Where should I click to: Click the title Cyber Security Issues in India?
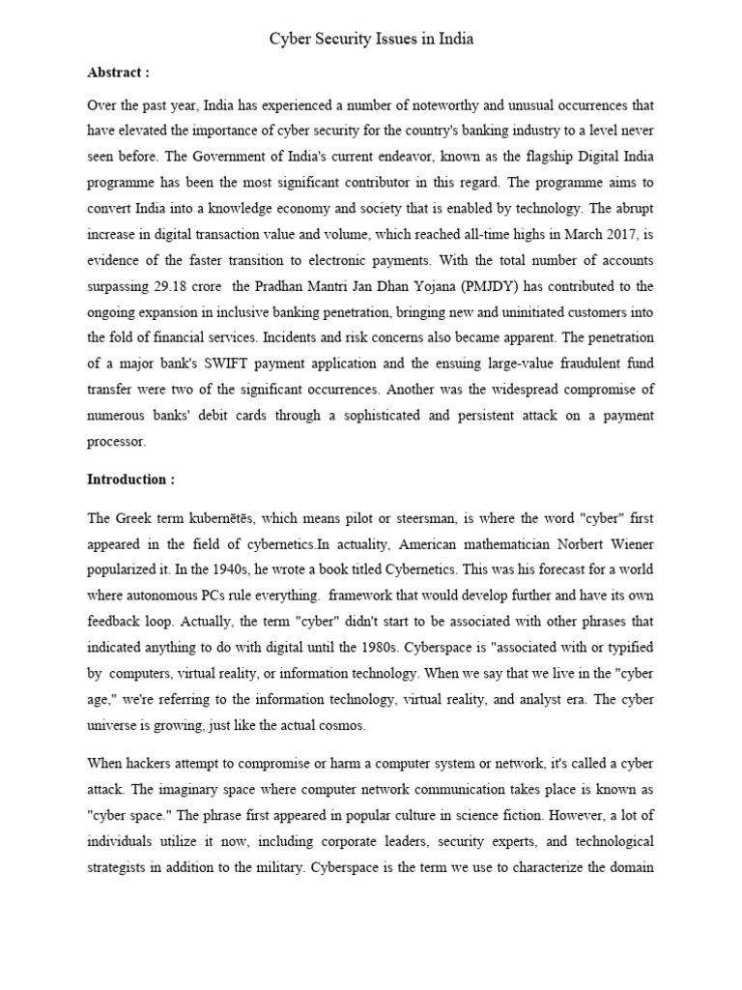click(x=371, y=40)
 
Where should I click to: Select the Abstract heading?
click(x=118, y=73)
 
